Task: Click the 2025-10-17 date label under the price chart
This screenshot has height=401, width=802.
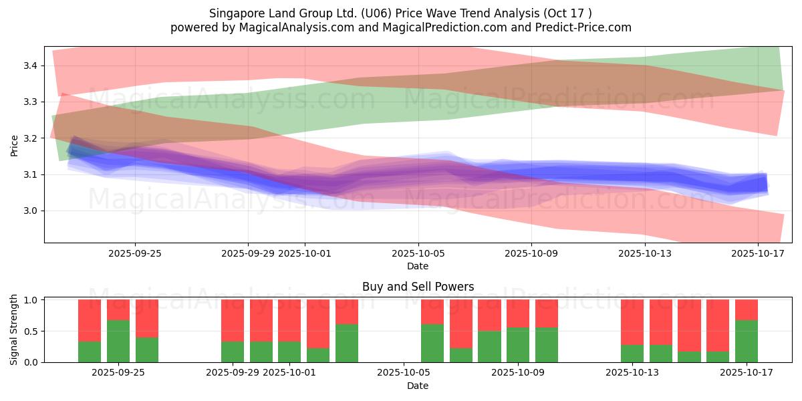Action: (758, 254)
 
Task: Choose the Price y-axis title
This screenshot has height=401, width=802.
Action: (15, 144)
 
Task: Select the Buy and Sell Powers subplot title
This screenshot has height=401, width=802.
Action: (418, 287)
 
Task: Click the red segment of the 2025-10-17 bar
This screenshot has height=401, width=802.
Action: (747, 309)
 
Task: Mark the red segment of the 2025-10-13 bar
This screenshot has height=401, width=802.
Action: (632, 321)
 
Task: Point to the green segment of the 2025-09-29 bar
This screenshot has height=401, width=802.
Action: (233, 352)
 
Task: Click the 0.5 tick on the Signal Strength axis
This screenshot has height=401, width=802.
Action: (32, 331)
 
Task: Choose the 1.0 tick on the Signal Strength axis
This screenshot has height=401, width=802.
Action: (32, 300)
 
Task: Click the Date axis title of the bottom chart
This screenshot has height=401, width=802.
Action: (418, 386)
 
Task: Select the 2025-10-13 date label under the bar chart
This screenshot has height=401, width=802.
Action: (632, 373)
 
